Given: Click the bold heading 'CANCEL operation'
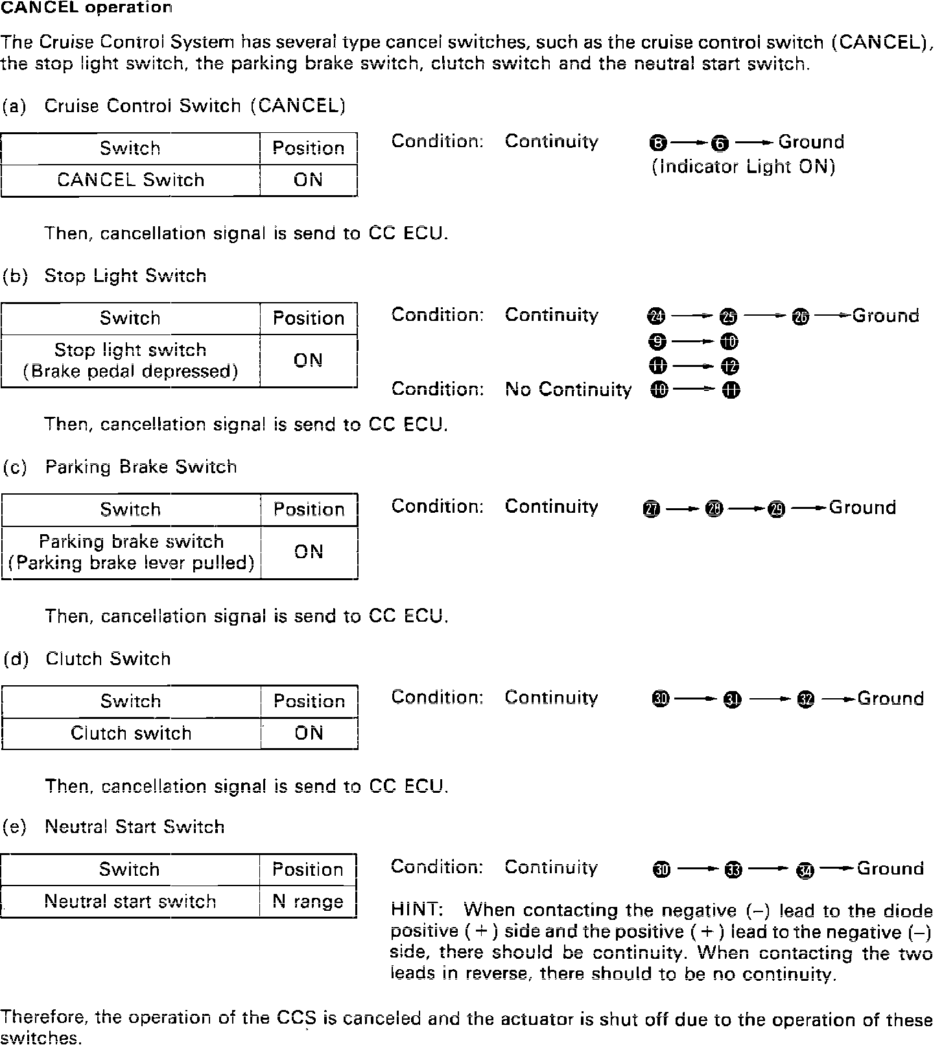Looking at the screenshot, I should [x=86, y=8].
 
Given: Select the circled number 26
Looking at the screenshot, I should [x=801, y=316].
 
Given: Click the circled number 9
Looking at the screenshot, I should [x=657, y=342].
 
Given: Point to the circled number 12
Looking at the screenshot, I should [x=729, y=367].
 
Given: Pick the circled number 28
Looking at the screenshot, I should [x=714, y=509].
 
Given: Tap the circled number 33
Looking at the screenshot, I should [x=733, y=870].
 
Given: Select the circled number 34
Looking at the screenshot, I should [x=805, y=870].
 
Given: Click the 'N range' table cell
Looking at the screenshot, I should [x=308, y=902].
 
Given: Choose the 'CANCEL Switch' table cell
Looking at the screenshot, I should [x=130, y=180].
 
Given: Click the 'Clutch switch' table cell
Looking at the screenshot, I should [x=131, y=734].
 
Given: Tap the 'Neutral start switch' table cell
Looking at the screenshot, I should [x=130, y=902].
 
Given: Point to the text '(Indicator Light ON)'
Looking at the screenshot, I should [x=743, y=167].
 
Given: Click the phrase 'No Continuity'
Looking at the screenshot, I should [x=568, y=390].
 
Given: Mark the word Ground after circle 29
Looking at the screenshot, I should [x=862, y=508].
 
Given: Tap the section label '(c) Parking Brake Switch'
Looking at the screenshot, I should [x=121, y=467].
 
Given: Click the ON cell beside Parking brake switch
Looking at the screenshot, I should [x=309, y=552].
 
